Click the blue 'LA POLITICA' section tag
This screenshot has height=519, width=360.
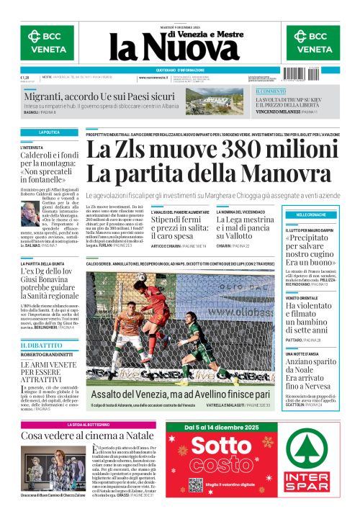[x=49, y=133]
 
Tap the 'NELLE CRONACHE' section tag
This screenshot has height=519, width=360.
[x=310, y=215]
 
